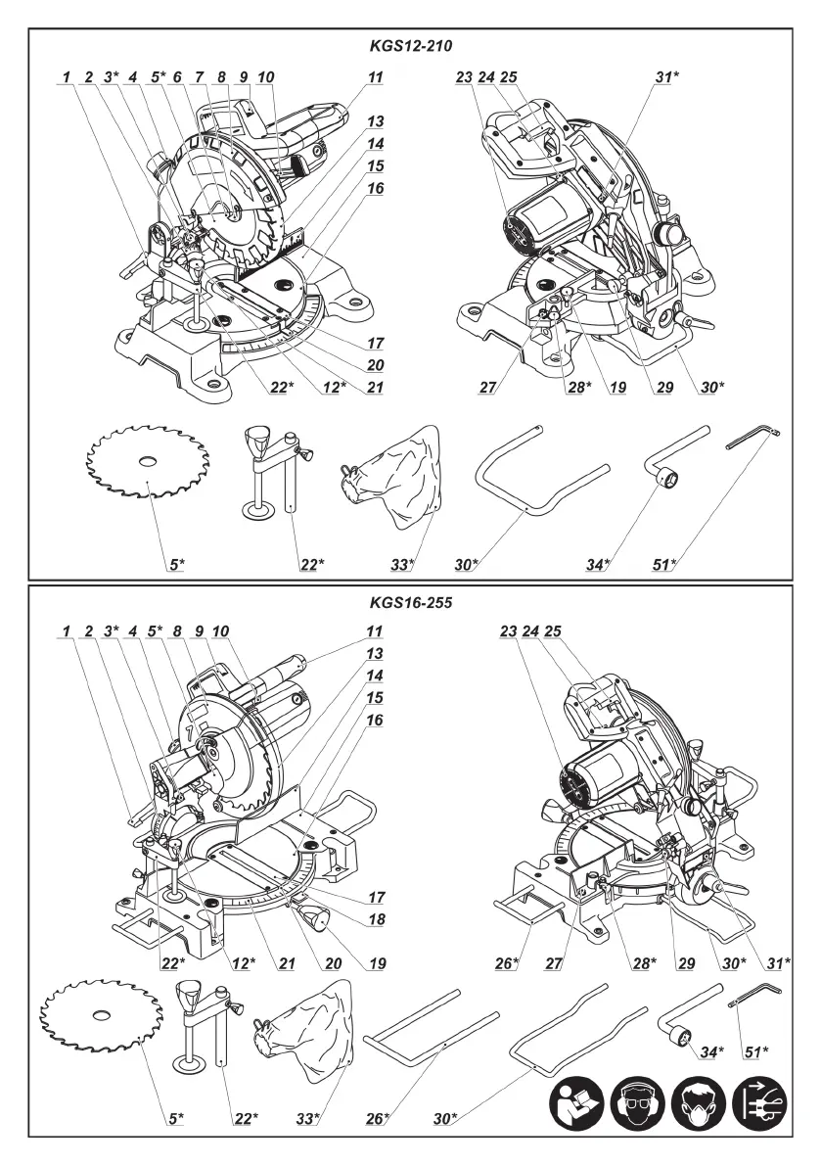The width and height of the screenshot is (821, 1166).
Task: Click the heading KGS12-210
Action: pos(410,45)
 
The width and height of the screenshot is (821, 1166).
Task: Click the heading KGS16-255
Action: pos(410,604)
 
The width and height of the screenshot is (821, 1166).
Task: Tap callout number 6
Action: pos(177,76)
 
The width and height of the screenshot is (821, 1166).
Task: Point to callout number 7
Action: pos(200,76)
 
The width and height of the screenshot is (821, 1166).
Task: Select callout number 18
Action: pos(377,920)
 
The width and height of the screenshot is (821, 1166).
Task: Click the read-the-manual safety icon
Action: pos(575,1107)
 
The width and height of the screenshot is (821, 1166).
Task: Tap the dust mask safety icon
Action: pos(699,1107)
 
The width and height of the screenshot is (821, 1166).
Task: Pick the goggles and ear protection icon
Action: pos(636,1107)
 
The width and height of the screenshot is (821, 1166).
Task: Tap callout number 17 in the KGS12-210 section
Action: pos(377,343)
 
